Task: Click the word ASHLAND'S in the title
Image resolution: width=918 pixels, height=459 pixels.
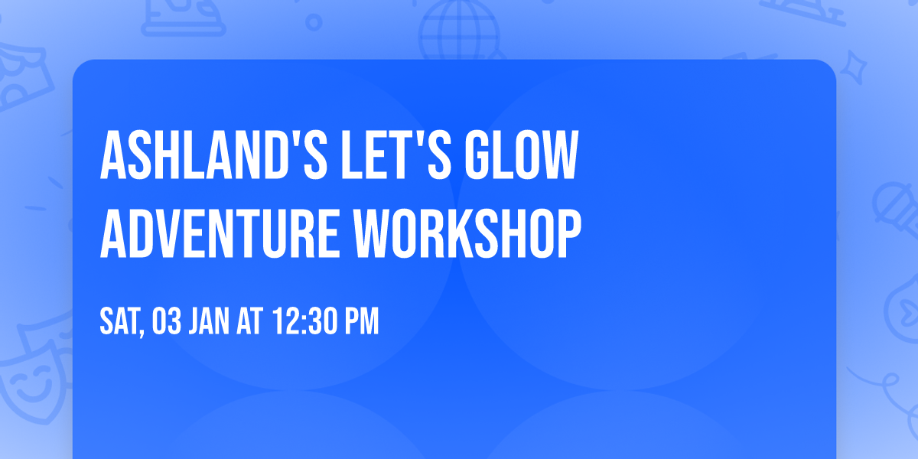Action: point(213,155)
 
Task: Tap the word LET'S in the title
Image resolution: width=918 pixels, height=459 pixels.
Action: point(396,155)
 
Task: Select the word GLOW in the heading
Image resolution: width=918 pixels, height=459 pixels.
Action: point(521,155)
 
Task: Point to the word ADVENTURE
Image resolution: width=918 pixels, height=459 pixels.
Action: point(220,233)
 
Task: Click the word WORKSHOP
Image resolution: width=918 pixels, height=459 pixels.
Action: point(467,233)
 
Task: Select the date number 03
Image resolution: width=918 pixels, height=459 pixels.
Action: point(167,321)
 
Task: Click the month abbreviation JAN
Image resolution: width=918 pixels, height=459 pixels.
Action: point(209,321)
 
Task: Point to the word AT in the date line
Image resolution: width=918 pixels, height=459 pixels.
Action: point(249,321)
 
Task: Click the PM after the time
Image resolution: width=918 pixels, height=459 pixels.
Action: point(362,321)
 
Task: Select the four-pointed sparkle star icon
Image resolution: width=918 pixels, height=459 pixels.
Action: point(854,68)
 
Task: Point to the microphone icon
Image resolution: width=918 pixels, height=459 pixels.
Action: point(896,208)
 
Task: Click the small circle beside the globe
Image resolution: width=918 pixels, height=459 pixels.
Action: point(314,22)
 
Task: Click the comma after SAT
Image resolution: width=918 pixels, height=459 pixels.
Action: point(142,333)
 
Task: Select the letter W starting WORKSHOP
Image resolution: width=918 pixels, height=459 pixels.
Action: point(372,233)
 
